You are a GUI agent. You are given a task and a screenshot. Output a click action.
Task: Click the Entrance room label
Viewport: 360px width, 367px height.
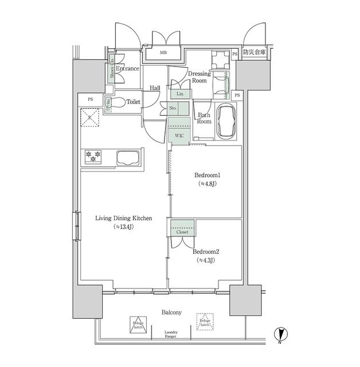coord(127,69)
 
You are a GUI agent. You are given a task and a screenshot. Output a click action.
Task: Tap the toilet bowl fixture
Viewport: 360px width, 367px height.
coord(117,103)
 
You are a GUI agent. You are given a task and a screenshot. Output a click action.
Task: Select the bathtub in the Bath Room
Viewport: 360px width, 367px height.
coord(226,122)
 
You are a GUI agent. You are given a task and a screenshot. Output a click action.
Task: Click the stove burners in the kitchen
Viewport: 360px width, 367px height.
coord(93,155)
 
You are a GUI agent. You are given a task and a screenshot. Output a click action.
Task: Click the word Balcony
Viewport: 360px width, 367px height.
coord(171,312)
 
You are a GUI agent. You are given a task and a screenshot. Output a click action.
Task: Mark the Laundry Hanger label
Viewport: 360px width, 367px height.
coord(171,335)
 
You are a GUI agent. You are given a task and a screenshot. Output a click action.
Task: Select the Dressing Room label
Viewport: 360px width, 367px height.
coord(199,77)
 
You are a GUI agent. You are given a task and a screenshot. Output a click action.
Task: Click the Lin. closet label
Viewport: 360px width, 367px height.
coord(179,93)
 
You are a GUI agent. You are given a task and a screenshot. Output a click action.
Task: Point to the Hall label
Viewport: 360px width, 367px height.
coord(155,88)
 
